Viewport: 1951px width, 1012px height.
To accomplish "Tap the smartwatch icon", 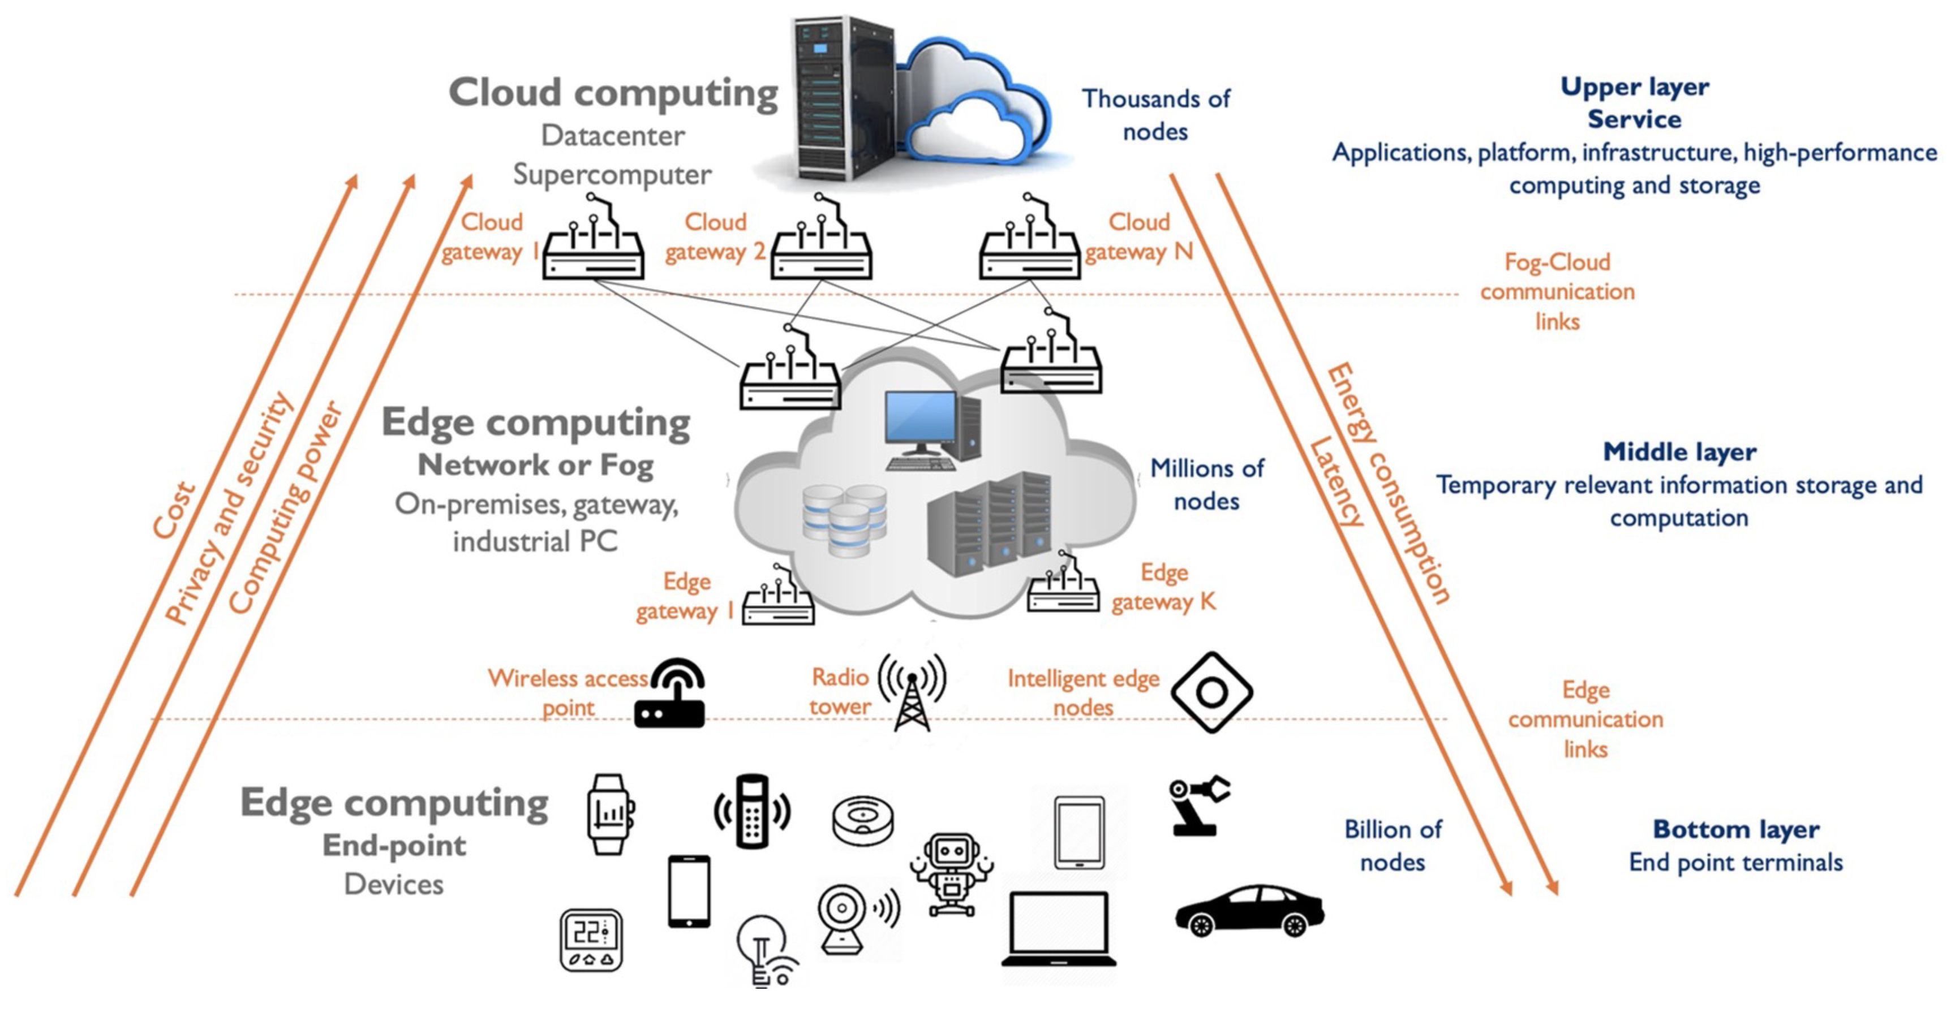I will [610, 813].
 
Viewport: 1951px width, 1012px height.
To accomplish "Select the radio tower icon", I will [912, 692].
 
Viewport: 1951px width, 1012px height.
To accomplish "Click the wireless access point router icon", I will [671, 694].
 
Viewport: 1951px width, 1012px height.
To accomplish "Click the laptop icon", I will [1058, 929].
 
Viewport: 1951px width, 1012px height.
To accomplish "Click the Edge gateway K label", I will [1163, 587].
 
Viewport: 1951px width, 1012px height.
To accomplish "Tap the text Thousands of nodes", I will [1155, 115].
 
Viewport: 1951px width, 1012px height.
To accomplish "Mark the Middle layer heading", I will [1679, 452].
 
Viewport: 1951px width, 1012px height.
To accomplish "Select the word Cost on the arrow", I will [174, 511].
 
